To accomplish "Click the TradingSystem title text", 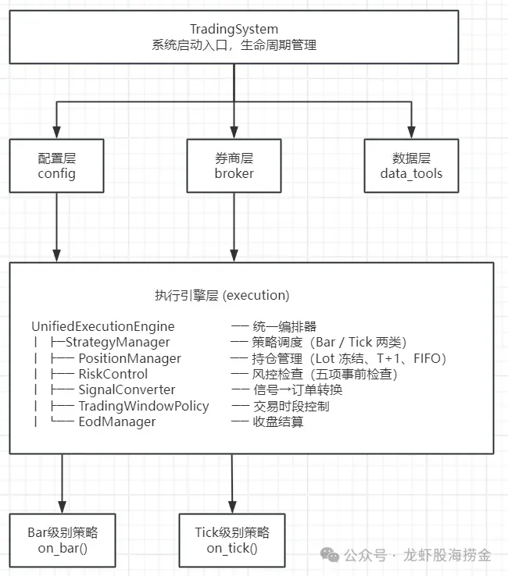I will point(234,29).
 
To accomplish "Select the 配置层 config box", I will point(57,165).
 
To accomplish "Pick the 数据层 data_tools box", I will point(411,165).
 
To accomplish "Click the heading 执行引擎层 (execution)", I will point(222,296).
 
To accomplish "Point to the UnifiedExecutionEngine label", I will point(103,326).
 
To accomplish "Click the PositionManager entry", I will point(129,358).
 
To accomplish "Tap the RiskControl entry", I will point(113,374).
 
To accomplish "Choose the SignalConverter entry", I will point(127,389).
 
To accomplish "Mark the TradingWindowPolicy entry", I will point(143,406).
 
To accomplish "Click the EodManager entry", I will point(116,421).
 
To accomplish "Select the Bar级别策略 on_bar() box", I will point(62,540).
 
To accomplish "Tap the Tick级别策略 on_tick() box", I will point(232,540).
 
